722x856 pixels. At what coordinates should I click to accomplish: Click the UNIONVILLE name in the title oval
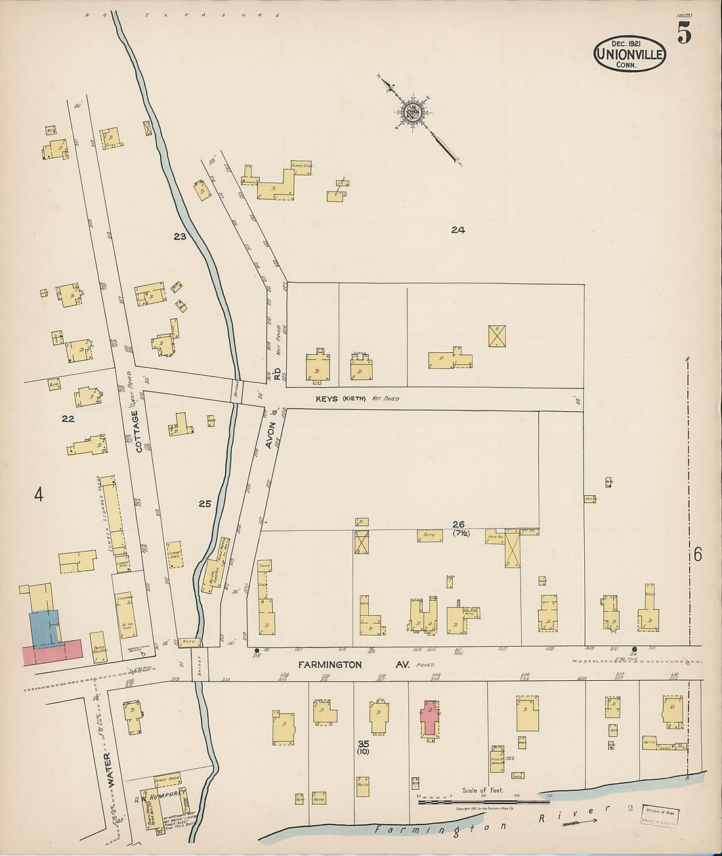point(629,55)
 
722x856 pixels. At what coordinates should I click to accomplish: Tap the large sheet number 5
point(684,33)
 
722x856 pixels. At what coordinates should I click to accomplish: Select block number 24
point(457,230)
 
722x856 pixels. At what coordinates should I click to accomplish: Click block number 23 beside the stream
point(180,236)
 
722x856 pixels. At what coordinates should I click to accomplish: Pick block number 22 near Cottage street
point(68,419)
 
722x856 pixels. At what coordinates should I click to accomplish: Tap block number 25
point(205,504)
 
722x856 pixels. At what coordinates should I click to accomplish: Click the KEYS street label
point(326,398)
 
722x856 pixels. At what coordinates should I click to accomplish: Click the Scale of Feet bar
point(484,802)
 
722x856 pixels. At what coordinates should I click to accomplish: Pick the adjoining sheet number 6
point(697,555)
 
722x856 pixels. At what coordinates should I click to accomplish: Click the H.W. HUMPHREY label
point(161,798)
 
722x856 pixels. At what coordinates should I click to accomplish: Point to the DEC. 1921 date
point(629,41)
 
